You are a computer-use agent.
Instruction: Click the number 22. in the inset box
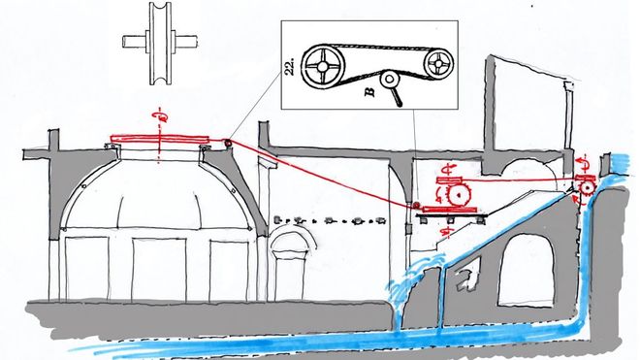pos(290,66)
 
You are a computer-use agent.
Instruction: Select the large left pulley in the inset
pos(323,66)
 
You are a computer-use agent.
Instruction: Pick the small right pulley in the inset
pos(438,63)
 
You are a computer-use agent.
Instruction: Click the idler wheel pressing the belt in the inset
pos(390,80)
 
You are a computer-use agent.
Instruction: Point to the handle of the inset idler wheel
pos(397,97)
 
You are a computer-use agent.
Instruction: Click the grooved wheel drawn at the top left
pos(160,44)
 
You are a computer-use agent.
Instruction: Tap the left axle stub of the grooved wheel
pos(134,42)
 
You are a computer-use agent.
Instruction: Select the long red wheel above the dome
pos(160,139)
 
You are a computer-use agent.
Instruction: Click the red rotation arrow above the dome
pos(160,115)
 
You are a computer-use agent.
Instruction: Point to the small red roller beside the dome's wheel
pos(227,143)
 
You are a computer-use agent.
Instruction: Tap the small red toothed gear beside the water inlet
pos(587,187)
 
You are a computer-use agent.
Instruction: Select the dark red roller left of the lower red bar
pos(416,205)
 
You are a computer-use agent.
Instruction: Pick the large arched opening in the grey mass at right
pos(527,270)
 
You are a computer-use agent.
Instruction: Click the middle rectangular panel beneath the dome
pos(159,270)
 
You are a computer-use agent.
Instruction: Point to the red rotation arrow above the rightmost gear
pos(583,163)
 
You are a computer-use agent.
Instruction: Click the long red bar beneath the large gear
pos(450,210)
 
